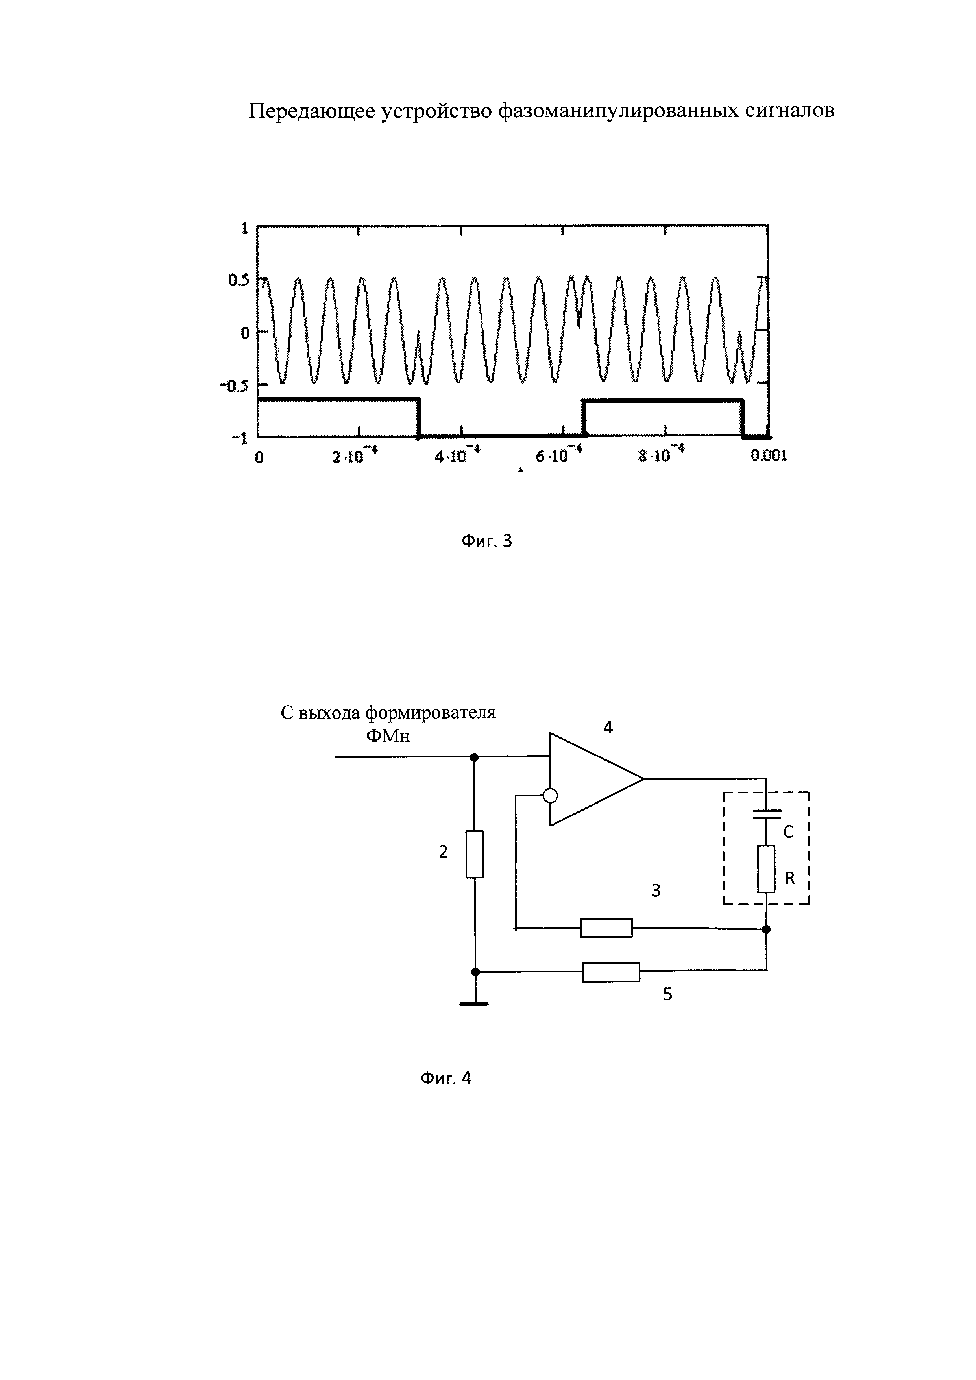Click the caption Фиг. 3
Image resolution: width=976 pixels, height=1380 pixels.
tap(486, 541)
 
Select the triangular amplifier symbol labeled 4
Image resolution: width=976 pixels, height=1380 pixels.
tap(589, 779)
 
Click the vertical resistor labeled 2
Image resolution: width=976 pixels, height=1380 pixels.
tap(475, 854)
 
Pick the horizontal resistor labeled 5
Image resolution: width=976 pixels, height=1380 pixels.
tap(611, 972)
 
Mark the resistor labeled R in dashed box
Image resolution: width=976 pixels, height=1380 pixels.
tap(766, 868)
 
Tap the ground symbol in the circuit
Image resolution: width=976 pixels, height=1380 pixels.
tap(475, 1003)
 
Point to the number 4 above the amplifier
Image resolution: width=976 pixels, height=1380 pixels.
tap(608, 728)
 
